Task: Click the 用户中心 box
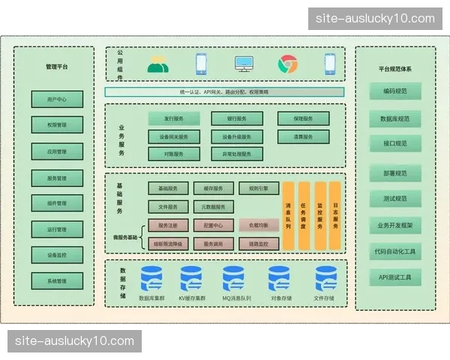pyautogui.click(x=57, y=99)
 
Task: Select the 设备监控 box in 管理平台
pyautogui.click(x=57, y=255)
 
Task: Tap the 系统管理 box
pyautogui.click(x=57, y=281)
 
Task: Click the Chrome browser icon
pyautogui.click(x=288, y=64)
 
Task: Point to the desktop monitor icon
pyautogui.click(x=244, y=64)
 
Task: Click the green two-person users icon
pyautogui.click(x=157, y=64)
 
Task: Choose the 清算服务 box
pyautogui.click(x=302, y=137)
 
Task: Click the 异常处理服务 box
pyautogui.click(x=237, y=154)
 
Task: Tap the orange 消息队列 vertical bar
pyautogui.click(x=288, y=215)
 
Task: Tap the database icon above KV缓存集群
pyautogui.click(x=191, y=279)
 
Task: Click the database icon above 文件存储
pyautogui.click(x=325, y=279)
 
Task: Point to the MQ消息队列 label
pyautogui.click(x=236, y=298)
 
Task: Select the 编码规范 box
pyautogui.click(x=394, y=92)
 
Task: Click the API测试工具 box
pyautogui.click(x=394, y=277)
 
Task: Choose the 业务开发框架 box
pyautogui.click(x=394, y=225)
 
